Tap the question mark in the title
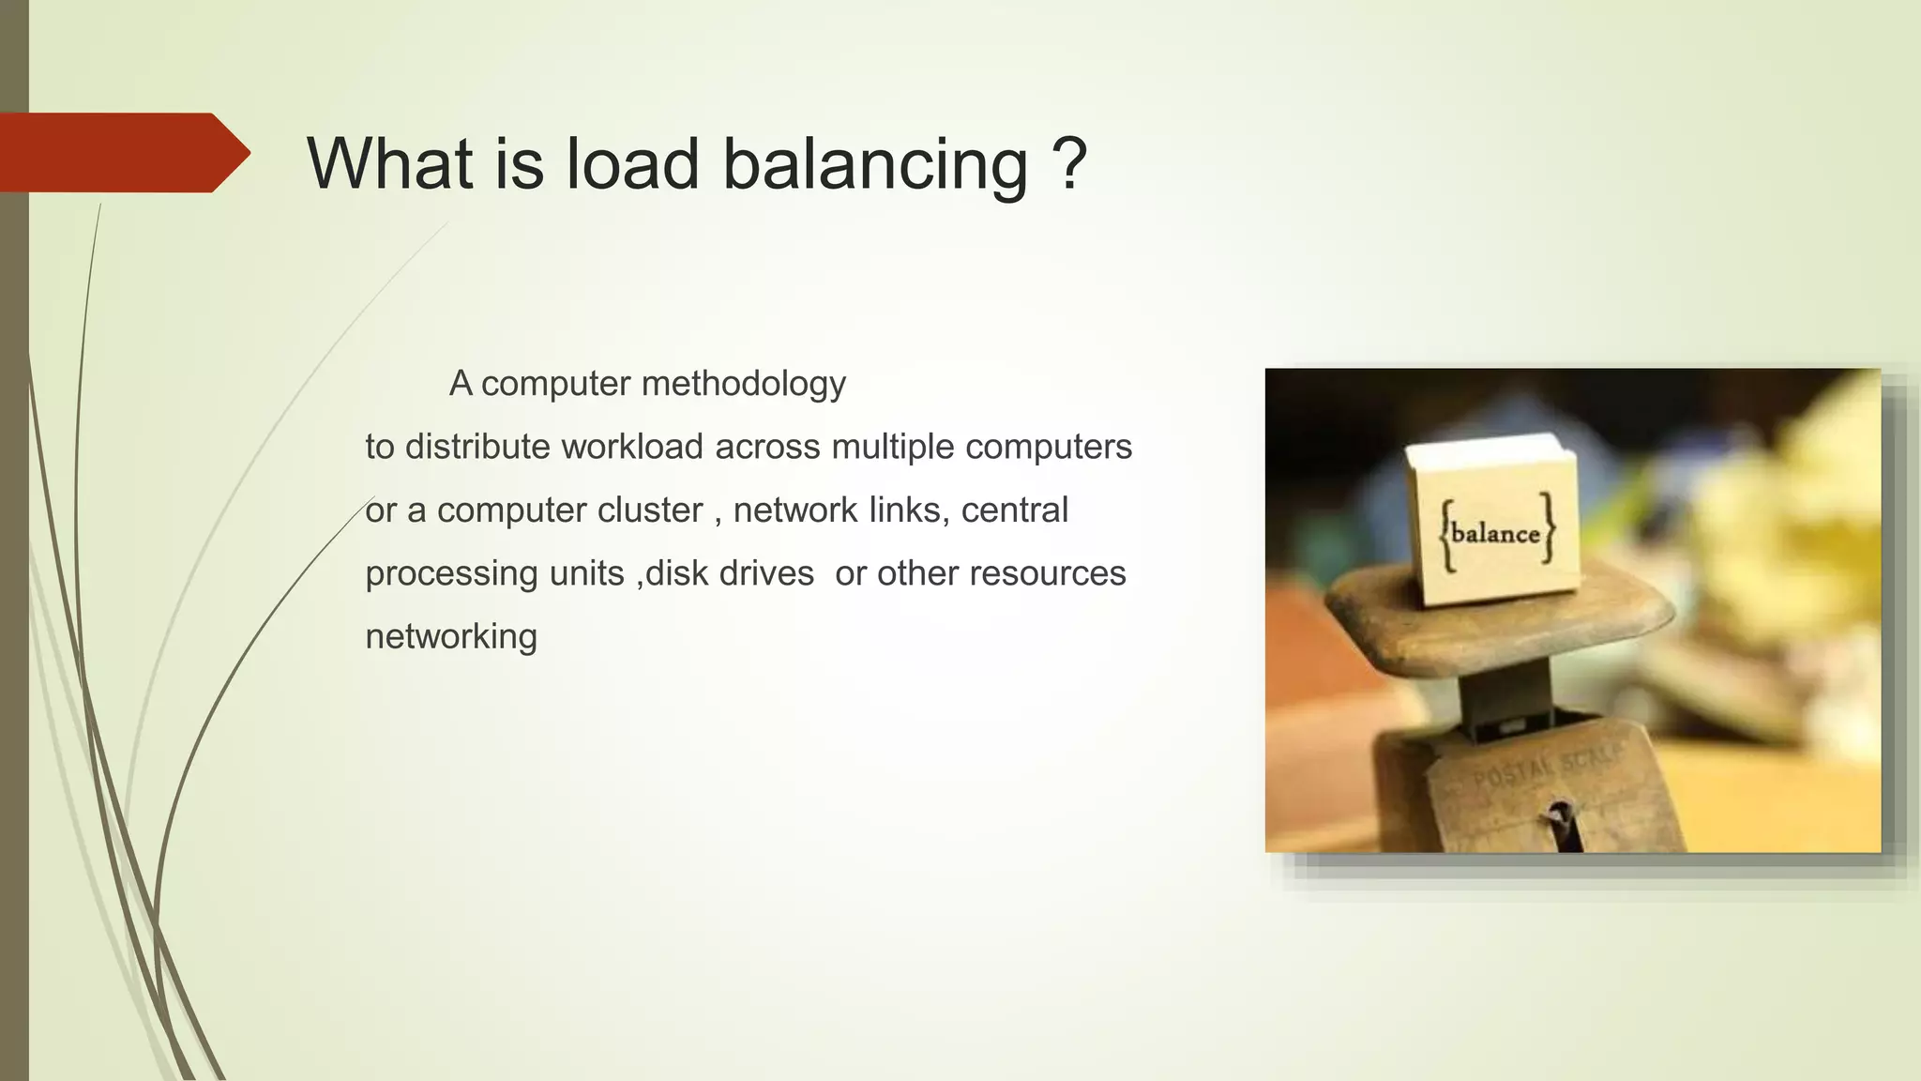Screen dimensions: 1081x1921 (1069, 163)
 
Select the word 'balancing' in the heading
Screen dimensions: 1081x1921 (875, 165)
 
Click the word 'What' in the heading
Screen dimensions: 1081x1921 (389, 163)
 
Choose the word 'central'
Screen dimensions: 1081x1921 (1014, 510)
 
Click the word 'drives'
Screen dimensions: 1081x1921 (766, 573)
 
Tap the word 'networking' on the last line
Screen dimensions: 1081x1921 (451, 636)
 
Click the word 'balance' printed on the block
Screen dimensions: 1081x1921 (1495, 534)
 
